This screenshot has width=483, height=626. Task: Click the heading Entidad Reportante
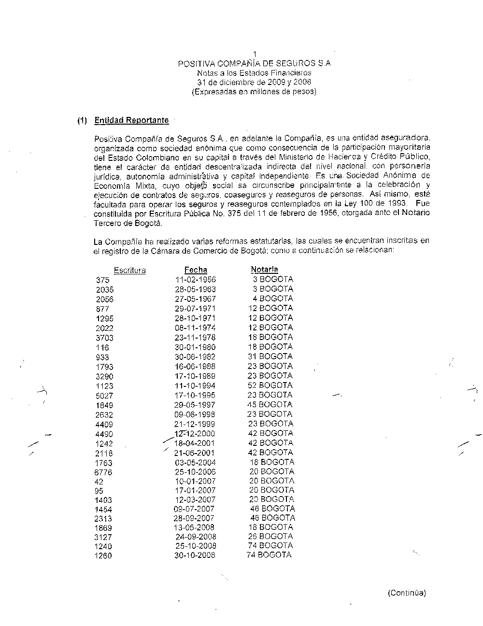click(x=131, y=120)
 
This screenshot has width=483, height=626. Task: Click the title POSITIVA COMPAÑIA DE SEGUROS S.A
click(x=254, y=63)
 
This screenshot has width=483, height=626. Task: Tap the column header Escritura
click(x=129, y=270)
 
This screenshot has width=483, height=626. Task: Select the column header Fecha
click(x=196, y=270)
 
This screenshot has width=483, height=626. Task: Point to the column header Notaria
click(x=264, y=270)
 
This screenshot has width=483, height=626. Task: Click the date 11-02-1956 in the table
click(x=195, y=280)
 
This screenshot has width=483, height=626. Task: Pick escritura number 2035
click(x=105, y=290)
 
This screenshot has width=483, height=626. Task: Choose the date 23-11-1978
click(x=195, y=338)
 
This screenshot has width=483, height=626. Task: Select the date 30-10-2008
click(x=195, y=555)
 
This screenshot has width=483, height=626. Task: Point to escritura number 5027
click(x=104, y=396)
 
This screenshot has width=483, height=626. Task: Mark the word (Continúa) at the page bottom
click(x=407, y=593)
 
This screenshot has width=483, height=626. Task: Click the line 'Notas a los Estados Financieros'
click(x=254, y=73)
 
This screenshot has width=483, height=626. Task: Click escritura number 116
click(x=102, y=348)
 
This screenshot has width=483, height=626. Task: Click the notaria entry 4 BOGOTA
click(x=273, y=299)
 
